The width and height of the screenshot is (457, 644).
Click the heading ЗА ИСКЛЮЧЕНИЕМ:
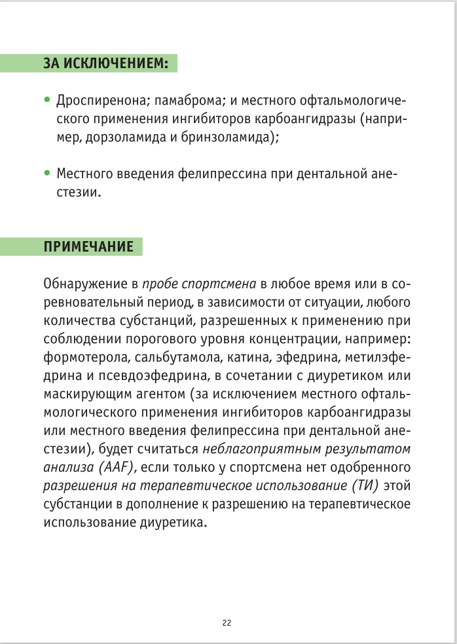[105, 64]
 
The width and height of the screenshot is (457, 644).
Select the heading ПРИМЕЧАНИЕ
[88, 247]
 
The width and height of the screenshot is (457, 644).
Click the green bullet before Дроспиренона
[46, 101]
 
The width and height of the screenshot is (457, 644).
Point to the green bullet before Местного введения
[46, 174]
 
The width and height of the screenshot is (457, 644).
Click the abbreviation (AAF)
[114, 468]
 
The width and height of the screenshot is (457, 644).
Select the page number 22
[227, 623]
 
